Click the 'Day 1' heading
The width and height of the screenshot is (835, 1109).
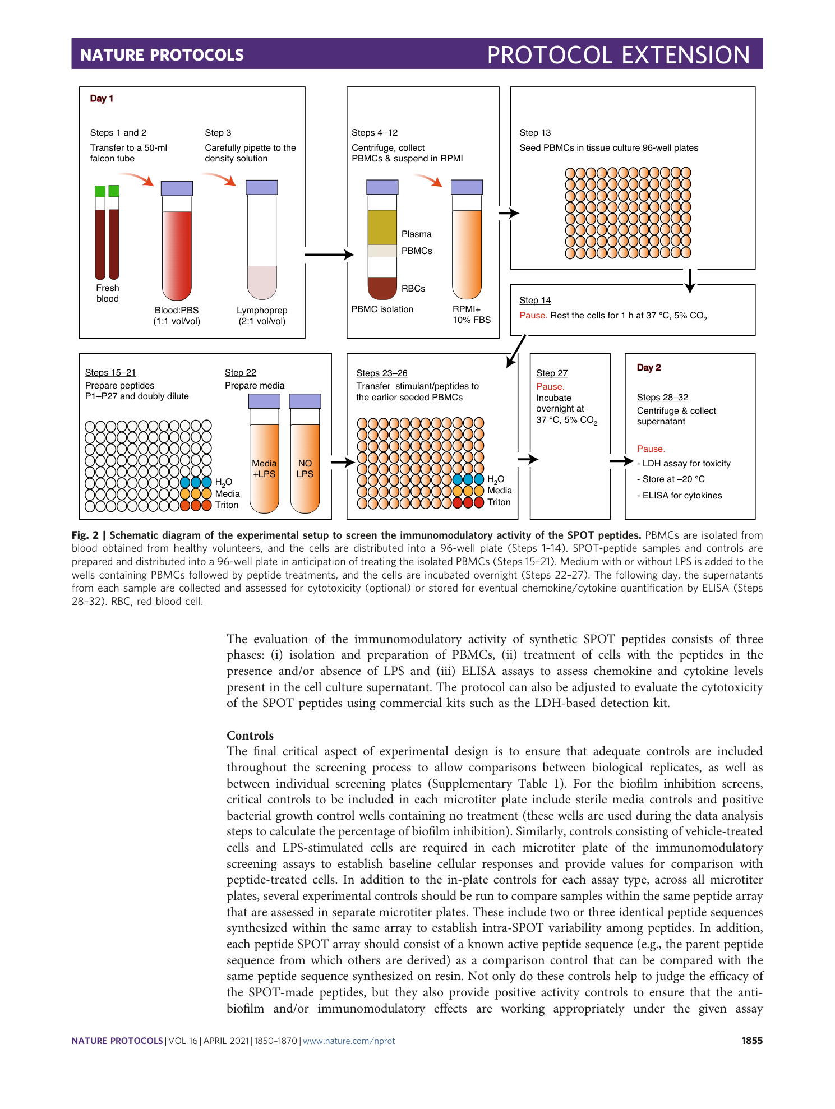102,99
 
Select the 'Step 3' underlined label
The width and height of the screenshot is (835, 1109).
218,133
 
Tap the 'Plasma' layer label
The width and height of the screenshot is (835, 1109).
416,234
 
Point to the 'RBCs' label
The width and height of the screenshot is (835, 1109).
413,289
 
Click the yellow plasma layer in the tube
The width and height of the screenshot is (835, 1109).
382,227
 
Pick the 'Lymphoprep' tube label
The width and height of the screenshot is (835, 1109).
262,311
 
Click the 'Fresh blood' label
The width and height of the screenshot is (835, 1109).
107,293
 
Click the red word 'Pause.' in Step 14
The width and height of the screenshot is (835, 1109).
533,316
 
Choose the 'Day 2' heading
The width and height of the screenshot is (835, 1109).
648,368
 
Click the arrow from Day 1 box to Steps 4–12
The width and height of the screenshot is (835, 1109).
329,255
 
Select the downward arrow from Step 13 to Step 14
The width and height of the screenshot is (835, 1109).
690,280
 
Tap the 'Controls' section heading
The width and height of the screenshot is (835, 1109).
250,736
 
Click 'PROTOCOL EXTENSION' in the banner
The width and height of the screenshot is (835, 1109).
618,55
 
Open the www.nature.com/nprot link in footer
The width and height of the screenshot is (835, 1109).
349,1041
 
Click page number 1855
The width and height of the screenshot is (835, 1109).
751,1041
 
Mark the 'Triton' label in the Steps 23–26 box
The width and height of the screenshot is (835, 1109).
499,502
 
